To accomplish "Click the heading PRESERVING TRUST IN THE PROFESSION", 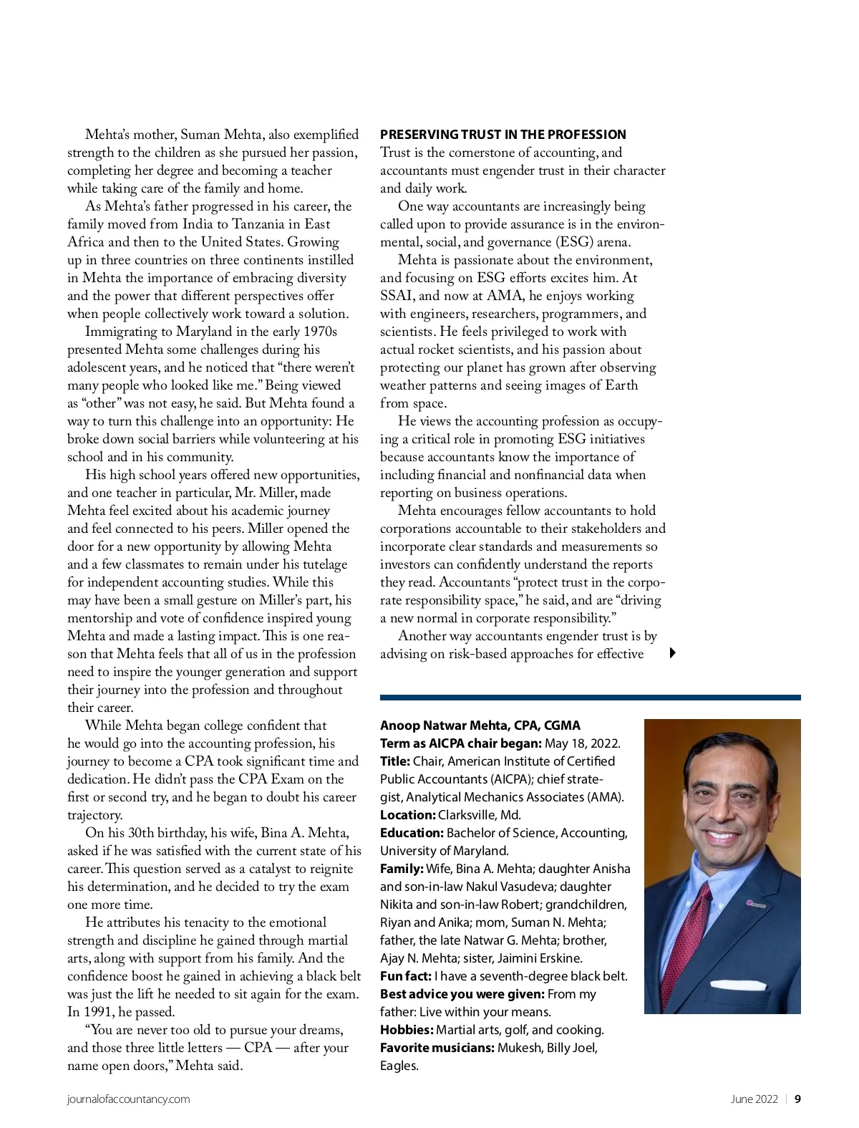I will pyautogui.click(x=503, y=135).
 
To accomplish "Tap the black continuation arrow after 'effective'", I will pyautogui.click(x=673, y=652).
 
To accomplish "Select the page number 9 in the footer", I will pyautogui.click(x=797, y=1099).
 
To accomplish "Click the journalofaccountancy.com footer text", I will pyautogui.click(x=129, y=1099).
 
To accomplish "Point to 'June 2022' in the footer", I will pyautogui.click(x=754, y=1099).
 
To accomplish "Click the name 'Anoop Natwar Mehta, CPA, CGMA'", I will pyautogui.click(x=480, y=726).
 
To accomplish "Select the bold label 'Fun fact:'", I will pyautogui.click(x=405, y=976).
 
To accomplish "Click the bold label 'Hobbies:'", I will pyautogui.click(x=407, y=1030).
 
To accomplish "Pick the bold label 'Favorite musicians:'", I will pyautogui.click(x=437, y=1048).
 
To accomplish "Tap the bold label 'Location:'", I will pyautogui.click(x=408, y=815).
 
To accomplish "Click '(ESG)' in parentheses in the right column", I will pyautogui.click(x=574, y=242).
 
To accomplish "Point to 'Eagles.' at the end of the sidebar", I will pyautogui.click(x=399, y=1066).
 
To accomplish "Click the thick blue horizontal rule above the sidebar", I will pyautogui.click(x=590, y=697).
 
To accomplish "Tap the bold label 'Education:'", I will pyautogui.click(x=412, y=833).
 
